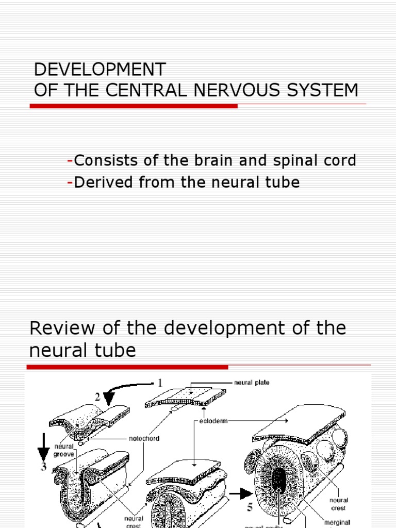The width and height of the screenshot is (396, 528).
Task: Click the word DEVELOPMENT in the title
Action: [x=100, y=70]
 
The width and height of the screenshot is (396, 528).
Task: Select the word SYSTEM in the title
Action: [x=321, y=90]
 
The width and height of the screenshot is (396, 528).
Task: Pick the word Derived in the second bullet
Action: [x=102, y=182]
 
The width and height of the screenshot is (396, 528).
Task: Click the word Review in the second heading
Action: [x=59, y=328]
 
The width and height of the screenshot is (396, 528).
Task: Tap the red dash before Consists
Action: [x=70, y=161]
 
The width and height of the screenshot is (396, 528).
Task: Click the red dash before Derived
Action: [x=70, y=183]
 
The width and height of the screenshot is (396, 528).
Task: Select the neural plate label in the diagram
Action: [x=252, y=383]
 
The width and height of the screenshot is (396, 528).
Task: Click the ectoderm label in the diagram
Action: [x=212, y=421]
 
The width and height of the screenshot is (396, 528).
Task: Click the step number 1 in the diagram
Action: [x=160, y=383]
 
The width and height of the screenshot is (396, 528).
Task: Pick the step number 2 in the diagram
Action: [x=96, y=397]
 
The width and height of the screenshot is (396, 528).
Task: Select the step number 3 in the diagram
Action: [x=43, y=467]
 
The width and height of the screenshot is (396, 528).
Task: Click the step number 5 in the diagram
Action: [x=250, y=508]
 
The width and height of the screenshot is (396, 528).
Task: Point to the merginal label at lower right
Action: [x=337, y=522]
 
